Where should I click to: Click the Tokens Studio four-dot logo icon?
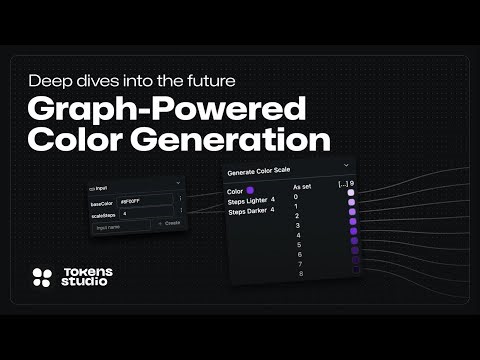click(x=42, y=278)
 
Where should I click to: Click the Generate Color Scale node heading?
click(x=266, y=170)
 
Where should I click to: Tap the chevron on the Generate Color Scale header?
click(x=346, y=165)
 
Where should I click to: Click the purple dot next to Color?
click(x=250, y=189)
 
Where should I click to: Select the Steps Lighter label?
click(x=248, y=201)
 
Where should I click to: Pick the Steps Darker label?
click(x=248, y=211)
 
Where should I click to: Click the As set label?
click(x=303, y=186)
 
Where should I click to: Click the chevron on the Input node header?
click(x=177, y=183)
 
